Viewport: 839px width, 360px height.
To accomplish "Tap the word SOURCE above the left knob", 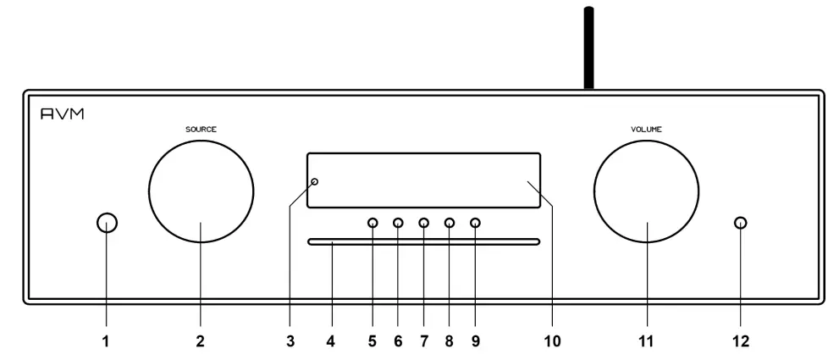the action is pos(201,130).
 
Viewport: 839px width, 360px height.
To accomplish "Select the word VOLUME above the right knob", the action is pos(646,130).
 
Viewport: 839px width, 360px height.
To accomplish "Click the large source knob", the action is pos(201,190).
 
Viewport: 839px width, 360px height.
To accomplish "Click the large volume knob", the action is pos(646,190).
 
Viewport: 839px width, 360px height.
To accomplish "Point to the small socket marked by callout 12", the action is pos(741,224).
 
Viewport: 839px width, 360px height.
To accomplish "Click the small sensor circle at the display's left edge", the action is pos(315,182).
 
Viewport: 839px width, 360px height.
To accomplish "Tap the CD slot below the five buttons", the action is pos(423,243).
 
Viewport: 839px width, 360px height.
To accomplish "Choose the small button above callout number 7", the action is pos(423,224).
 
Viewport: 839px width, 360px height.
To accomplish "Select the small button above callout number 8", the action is pos(449,224).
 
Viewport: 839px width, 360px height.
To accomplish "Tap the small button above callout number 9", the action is pos(474,224).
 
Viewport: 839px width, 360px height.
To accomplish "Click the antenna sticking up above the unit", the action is pos(588,47).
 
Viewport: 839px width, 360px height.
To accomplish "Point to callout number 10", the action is pos(552,341).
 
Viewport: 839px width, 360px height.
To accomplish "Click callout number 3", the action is pos(290,341).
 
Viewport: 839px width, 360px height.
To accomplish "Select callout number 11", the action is pos(648,341).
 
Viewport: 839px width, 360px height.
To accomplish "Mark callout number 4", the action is pos(331,341).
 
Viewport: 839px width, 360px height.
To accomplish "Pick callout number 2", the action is pos(201,341).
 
